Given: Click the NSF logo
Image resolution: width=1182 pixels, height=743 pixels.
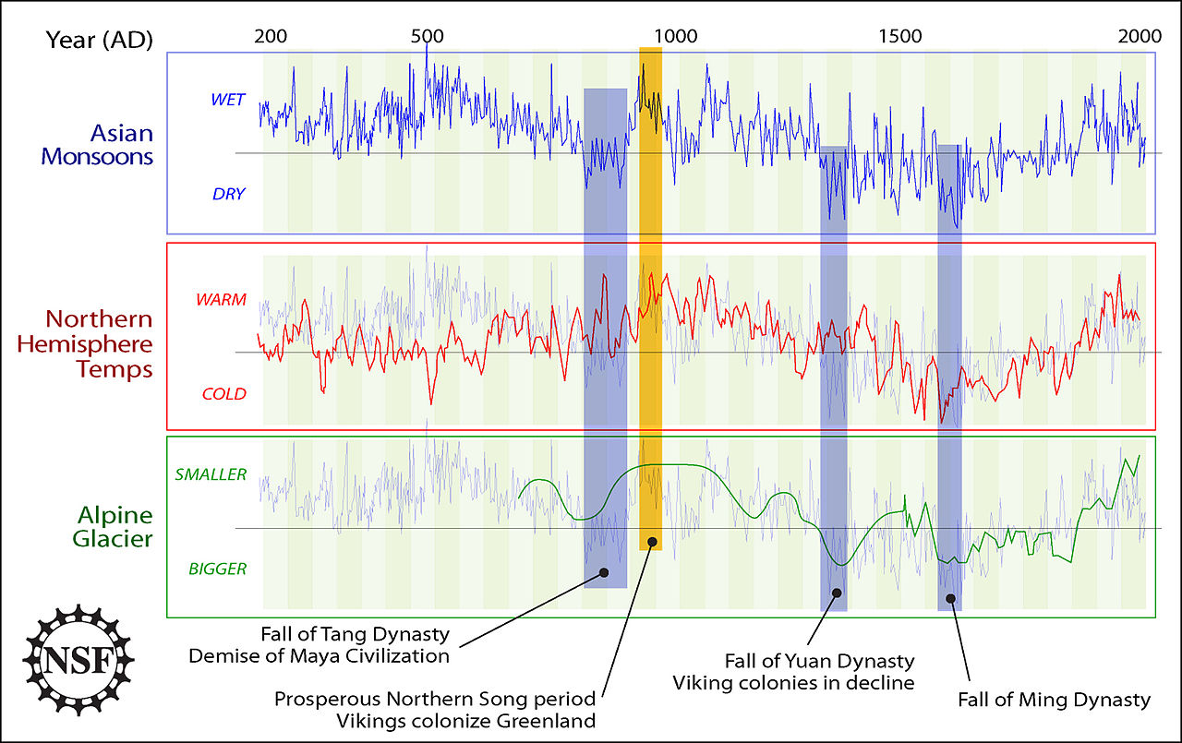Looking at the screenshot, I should (x=78, y=661).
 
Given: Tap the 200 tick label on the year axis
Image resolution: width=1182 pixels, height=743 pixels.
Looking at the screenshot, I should (x=270, y=37).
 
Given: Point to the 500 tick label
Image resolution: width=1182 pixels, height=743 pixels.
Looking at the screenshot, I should (x=427, y=37).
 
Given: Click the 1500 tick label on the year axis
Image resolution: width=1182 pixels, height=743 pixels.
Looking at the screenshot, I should (x=899, y=37).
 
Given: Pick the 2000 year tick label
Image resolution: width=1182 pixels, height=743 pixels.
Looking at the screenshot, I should (x=1139, y=37).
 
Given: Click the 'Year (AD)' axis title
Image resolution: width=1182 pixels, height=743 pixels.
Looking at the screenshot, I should (x=100, y=39).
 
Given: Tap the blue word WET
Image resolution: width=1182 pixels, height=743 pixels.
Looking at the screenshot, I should (x=228, y=100).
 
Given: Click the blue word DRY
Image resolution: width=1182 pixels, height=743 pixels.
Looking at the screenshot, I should (x=229, y=194).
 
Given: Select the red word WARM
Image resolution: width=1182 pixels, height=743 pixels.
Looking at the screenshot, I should (x=221, y=301).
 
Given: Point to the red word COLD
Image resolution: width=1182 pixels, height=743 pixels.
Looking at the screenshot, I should (x=224, y=394).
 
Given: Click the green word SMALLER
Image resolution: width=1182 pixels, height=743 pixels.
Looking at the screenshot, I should (x=211, y=475).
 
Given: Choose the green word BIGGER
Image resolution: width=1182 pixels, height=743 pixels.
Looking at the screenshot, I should (x=218, y=569).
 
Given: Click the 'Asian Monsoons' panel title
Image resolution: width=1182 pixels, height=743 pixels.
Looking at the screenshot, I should (x=97, y=145).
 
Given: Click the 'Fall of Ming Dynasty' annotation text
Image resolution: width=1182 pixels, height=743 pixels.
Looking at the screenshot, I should (x=1055, y=700).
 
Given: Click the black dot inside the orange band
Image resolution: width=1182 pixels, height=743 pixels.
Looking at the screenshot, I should (x=652, y=542).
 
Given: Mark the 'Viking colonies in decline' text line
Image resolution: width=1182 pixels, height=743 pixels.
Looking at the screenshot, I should (x=793, y=683).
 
